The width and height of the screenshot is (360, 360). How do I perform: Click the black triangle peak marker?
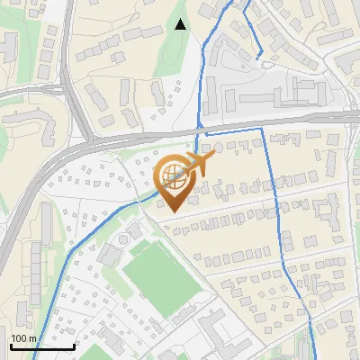click(x=181, y=24)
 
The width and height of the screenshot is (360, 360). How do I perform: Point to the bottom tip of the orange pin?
click(x=171, y=211)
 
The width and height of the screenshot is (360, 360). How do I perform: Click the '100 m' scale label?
click(x=22, y=338)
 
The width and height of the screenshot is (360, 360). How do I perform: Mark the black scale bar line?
click(x=41, y=346)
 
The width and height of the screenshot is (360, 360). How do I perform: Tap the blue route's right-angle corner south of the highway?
click(x=262, y=129)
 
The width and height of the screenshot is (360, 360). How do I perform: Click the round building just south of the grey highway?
click(x=217, y=147)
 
